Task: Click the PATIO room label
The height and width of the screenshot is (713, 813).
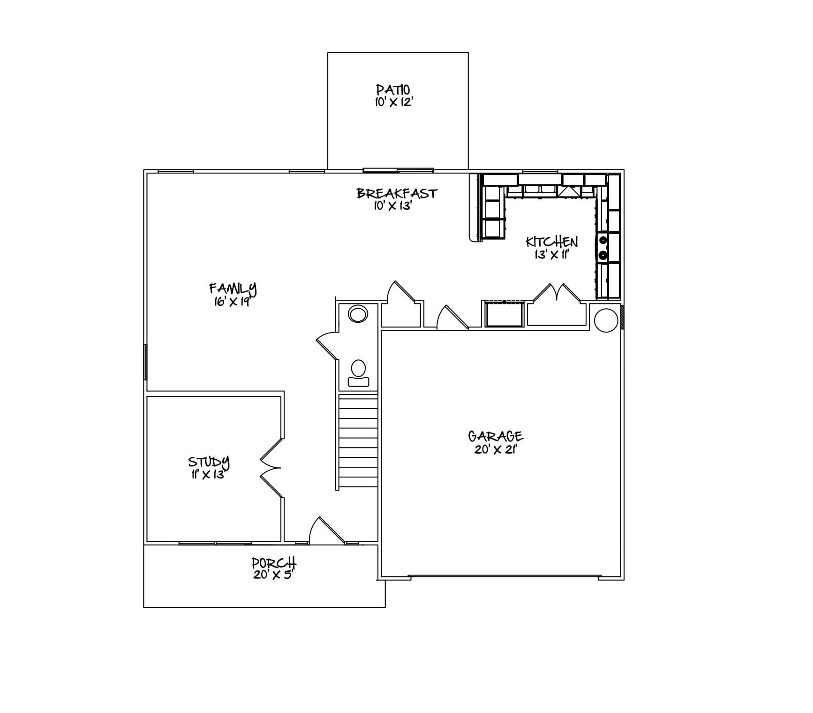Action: [x=393, y=89]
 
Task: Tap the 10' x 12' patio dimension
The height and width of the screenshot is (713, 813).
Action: [x=393, y=102]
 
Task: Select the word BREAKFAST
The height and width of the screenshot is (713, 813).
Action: [x=397, y=193]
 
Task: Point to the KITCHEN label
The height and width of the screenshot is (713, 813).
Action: [x=551, y=242]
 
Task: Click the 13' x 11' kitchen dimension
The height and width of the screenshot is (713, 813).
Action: [x=551, y=255]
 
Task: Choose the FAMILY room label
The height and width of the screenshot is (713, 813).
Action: [x=233, y=288]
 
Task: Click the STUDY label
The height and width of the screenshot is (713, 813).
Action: [x=209, y=462]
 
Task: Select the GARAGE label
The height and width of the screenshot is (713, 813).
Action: [x=496, y=437]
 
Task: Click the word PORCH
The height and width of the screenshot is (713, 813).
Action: [x=274, y=562]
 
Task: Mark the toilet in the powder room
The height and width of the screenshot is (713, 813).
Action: [x=358, y=373]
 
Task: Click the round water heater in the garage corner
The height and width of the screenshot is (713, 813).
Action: [x=606, y=320]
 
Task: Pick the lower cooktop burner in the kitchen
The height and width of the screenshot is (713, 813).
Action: [x=603, y=255]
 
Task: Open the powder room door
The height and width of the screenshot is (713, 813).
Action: [x=326, y=346]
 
